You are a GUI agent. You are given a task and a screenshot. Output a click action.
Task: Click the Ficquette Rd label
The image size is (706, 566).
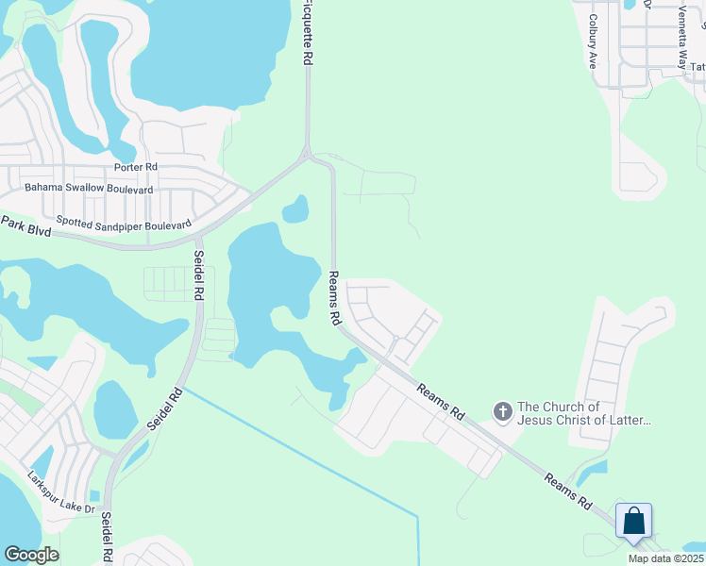308,32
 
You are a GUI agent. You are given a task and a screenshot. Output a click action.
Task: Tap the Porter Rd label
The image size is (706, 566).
135,168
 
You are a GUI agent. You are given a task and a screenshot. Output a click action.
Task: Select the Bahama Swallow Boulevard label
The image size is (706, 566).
89,189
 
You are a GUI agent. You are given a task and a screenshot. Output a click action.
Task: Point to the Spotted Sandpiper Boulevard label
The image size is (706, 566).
124,223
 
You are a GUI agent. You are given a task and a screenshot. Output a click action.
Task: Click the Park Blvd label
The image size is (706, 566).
25,226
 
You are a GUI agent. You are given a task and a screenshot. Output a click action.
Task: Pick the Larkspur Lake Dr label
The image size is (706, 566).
61,493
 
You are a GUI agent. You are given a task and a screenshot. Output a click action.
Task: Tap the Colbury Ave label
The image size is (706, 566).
593,41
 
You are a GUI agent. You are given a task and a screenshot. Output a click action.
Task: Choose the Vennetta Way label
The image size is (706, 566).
681,38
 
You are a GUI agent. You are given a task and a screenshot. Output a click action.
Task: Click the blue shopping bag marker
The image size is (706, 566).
633,521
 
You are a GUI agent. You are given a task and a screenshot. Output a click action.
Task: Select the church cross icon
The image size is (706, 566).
502,411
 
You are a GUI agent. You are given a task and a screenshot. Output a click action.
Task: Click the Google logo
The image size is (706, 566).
30,555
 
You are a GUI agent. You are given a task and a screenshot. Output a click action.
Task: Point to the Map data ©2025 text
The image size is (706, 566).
665,558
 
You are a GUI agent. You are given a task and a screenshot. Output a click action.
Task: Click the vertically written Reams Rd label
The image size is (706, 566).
334,298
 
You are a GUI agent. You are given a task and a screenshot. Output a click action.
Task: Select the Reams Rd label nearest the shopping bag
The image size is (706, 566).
568,493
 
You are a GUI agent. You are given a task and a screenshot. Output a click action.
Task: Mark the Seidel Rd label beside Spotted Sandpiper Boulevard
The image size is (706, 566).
199,275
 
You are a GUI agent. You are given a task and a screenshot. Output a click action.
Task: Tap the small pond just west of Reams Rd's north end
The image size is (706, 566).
295,209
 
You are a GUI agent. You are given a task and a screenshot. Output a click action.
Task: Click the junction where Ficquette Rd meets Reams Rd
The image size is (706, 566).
307,153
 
